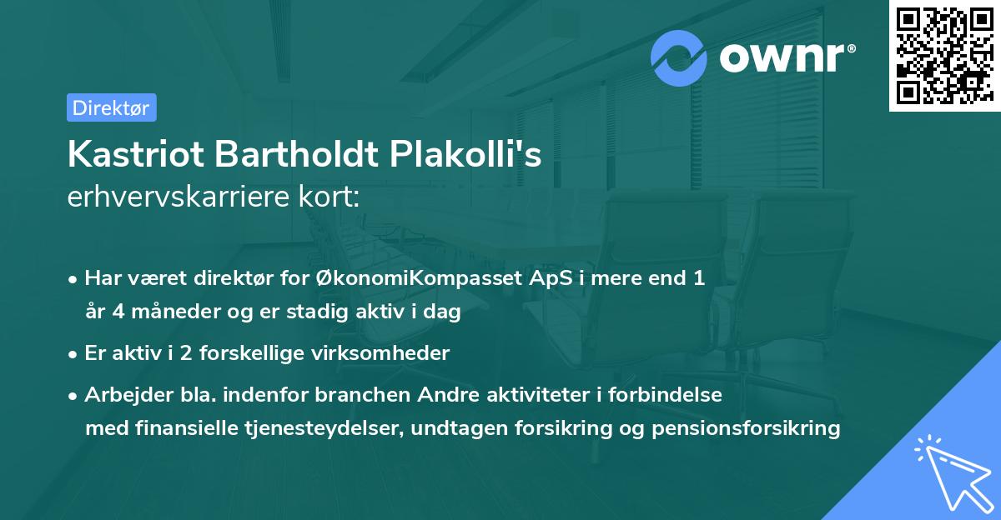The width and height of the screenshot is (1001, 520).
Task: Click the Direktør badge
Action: pos(111,107)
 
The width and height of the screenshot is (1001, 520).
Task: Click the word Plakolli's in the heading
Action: pos(470,155)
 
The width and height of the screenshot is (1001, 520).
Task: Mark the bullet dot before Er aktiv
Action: pos(74,353)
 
